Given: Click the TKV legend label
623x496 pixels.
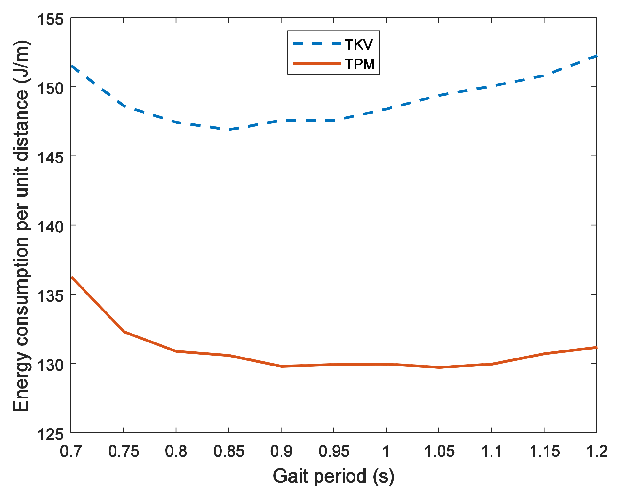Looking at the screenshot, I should [x=359, y=44].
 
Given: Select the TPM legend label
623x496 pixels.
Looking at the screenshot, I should [x=359, y=64].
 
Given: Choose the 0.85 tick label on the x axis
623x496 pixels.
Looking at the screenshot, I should [x=228, y=451].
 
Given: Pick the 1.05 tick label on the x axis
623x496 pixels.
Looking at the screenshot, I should [x=439, y=451].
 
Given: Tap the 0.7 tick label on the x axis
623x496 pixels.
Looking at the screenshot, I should [x=71, y=451].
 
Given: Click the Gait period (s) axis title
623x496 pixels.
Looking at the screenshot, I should [x=333, y=476].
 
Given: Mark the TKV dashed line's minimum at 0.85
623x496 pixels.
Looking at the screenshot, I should [x=228, y=130].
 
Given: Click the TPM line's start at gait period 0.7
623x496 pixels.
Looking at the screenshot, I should [x=72, y=277].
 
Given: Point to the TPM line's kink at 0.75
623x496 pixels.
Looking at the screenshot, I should [x=124, y=332].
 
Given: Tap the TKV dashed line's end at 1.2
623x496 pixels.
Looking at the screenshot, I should [x=596, y=56].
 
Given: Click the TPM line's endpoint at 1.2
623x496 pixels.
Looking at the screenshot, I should [x=596, y=347].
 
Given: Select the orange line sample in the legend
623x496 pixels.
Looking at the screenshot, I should [x=317, y=63].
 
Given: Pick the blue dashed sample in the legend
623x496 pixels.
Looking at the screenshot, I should [x=317, y=43].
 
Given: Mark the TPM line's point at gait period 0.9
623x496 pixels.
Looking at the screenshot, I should [x=281, y=366].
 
